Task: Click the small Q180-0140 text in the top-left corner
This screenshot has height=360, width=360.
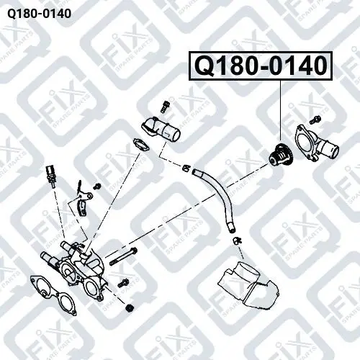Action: click(x=39, y=14)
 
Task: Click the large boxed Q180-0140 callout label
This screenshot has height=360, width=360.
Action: click(x=261, y=66)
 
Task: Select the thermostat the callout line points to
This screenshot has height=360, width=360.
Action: click(x=280, y=156)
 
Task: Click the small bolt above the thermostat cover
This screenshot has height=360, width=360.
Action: click(x=312, y=120)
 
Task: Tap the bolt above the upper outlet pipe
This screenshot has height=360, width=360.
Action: click(x=165, y=107)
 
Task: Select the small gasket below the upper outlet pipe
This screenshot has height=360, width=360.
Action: click(x=141, y=145)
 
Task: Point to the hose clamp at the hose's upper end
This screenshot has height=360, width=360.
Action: click(x=186, y=168)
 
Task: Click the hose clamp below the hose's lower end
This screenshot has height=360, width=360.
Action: click(x=237, y=240)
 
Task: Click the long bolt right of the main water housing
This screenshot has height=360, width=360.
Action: click(x=124, y=257)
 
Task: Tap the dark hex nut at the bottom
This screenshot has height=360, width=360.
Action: click(x=130, y=307)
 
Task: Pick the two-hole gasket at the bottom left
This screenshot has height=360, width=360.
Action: click(x=53, y=296)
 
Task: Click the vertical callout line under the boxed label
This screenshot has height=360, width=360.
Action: click(x=280, y=111)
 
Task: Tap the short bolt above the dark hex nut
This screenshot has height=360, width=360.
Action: click(x=122, y=283)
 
